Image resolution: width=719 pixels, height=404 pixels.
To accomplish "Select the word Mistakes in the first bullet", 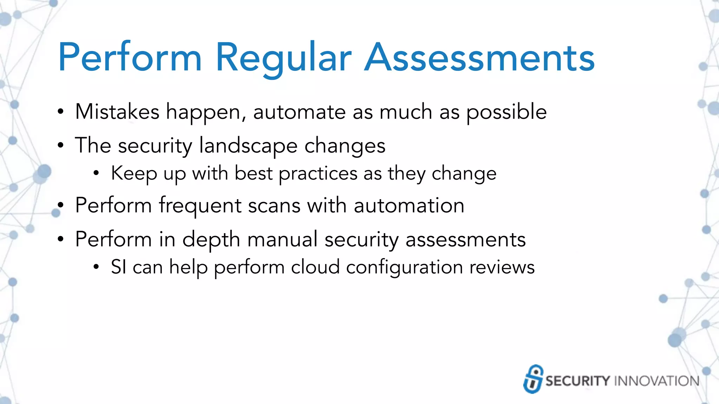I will pos(117,112).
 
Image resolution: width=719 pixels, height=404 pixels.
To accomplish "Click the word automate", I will pos(299,112).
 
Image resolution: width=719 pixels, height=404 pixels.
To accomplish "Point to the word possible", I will pos(506,112).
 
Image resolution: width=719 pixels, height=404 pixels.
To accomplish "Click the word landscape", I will pos(248,146).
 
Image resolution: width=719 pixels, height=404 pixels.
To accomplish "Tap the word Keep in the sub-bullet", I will pos(134,173).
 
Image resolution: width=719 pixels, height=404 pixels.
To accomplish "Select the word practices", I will pos(318,174).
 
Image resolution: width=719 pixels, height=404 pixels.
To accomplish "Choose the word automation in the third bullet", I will pos(409,206).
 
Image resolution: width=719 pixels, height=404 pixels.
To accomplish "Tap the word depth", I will pos(211,240).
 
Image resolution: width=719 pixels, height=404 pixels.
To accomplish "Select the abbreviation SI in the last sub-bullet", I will pos(118,267).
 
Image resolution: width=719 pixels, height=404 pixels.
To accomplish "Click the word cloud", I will pos(315,267).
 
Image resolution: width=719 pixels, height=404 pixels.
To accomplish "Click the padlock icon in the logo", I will pos(533,379).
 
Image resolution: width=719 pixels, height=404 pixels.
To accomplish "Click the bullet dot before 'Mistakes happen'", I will pos(61,112).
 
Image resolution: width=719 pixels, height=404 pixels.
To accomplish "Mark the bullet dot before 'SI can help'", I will pos(96,267).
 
